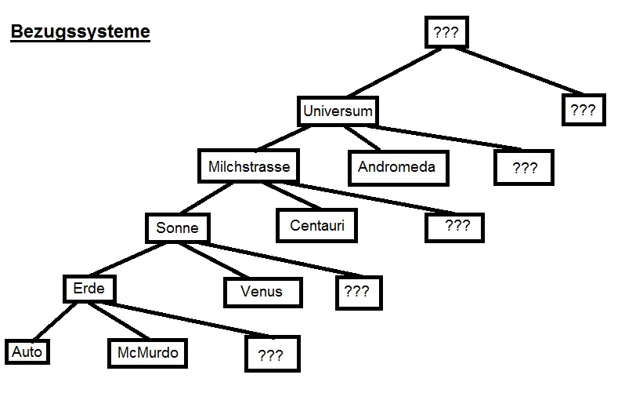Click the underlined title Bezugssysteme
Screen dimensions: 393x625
click(x=80, y=33)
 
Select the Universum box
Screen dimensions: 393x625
click(x=338, y=111)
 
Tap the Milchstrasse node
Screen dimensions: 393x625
click(x=249, y=166)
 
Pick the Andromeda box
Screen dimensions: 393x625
click(x=396, y=167)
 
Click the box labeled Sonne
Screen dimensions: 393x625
click(x=178, y=228)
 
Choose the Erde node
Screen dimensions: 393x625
click(x=89, y=288)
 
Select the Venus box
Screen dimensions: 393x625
click(x=261, y=293)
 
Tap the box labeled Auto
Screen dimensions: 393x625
click(x=27, y=352)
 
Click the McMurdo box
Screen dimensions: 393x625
click(x=147, y=353)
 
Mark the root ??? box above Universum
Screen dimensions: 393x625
click(x=446, y=33)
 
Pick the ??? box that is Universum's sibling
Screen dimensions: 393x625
click(x=583, y=111)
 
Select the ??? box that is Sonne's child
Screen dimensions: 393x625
click(x=356, y=292)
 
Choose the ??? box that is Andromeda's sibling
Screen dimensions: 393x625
click(x=523, y=168)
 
